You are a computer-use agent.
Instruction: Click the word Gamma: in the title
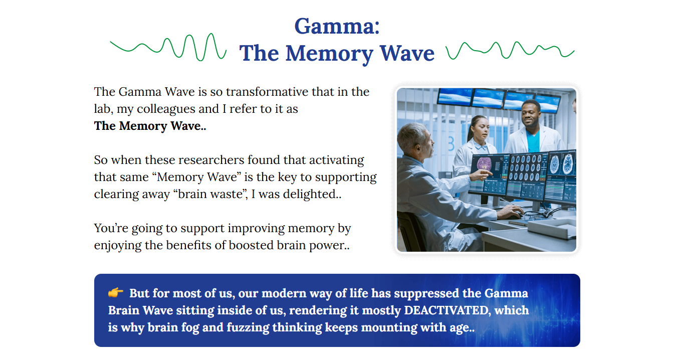(x=337, y=26)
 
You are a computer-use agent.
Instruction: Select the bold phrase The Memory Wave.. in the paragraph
(x=150, y=126)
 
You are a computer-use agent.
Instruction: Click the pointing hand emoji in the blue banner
(x=115, y=292)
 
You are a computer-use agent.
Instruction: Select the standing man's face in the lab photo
(x=530, y=114)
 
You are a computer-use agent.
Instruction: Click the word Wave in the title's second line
(x=407, y=53)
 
